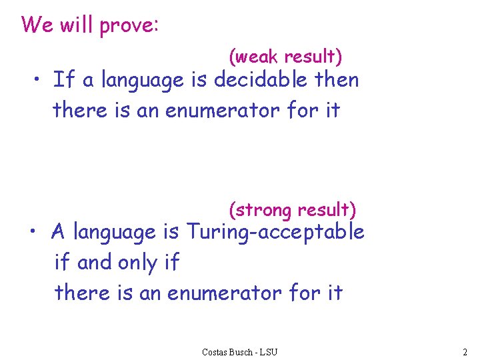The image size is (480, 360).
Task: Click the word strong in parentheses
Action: point(265,211)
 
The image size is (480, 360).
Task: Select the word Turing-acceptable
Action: point(275,233)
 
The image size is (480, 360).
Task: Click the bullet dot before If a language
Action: point(39,81)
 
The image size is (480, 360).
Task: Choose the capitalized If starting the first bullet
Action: point(63,80)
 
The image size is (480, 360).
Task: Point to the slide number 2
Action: point(464,351)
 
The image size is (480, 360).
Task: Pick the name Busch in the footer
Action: point(243,351)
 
